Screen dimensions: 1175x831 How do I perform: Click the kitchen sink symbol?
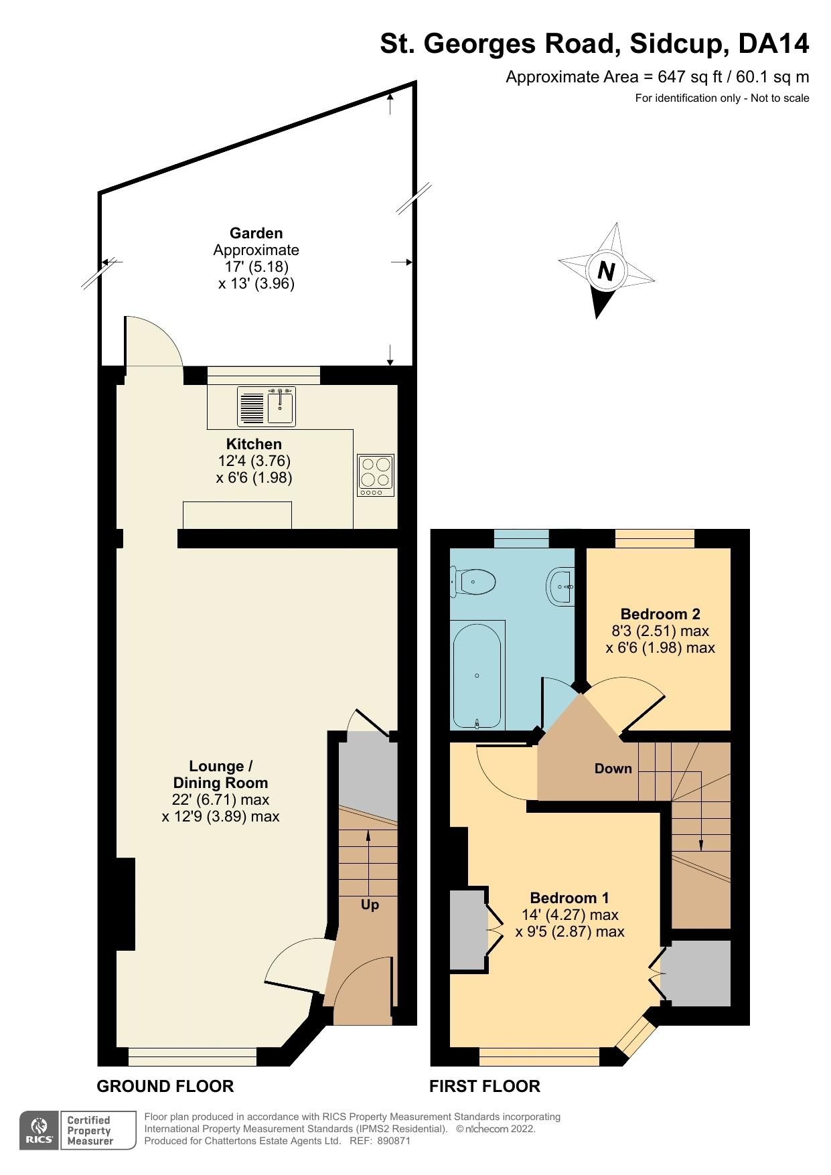click(268, 406)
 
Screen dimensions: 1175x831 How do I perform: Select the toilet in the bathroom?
click(475, 581)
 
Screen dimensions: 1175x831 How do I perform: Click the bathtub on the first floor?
click(477, 675)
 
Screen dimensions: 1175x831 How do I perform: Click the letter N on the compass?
click(606, 271)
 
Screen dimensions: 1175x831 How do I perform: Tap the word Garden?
click(256, 233)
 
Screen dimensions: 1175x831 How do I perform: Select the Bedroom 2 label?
click(660, 614)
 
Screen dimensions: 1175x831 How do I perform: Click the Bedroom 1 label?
click(569, 898)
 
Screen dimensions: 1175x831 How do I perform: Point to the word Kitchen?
click(254, 444)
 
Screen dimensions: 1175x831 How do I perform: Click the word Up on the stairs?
click(370, 905)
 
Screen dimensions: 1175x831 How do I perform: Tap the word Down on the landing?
click(613, 769)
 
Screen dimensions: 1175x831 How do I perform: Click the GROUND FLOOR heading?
click(165, 1086)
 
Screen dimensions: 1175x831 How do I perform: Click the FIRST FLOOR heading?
click(484, 1086)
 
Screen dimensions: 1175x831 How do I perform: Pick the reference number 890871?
click(394, 1141)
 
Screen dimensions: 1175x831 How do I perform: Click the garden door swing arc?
click(161, 335)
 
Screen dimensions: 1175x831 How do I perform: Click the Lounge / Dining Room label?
click(220, 775)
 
